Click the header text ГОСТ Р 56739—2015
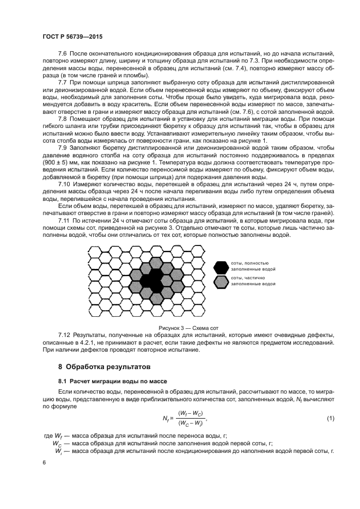tap(72, 35)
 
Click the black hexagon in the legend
tap(221, 266)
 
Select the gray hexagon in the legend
tap(221, 281)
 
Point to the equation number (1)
tap(330, 418)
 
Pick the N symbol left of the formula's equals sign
tap(165, 418)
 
